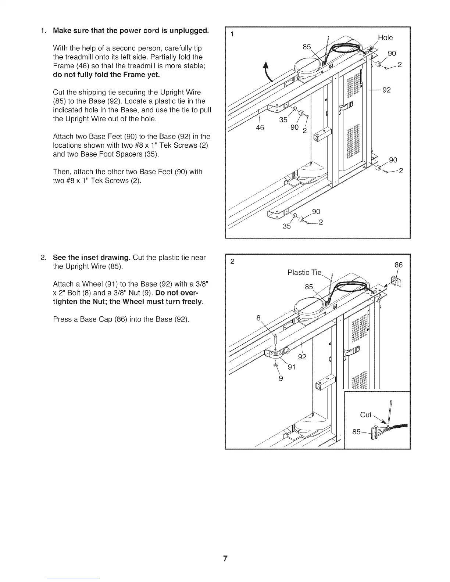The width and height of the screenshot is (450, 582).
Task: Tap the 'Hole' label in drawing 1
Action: pyautogui.click(x=385, y=37)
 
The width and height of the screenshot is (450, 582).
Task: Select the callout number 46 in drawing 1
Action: pyautogui.click(x=260, y=127)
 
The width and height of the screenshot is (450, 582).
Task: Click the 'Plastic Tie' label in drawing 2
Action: pyautogui.click(x=304, y=272)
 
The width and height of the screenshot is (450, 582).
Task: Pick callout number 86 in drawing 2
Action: pyautogui.click(x=399, y=265)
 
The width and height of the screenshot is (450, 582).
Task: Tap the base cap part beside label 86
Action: pyautogui.click(x=396, y=282)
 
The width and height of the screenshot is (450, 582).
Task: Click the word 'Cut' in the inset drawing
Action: pyautogui.click(x=366, y=415)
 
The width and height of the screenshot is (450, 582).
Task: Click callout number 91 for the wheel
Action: pyautogui.click(x=292, y=367)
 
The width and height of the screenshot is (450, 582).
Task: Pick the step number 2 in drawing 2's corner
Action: pyautogui.click(x=232, y=262)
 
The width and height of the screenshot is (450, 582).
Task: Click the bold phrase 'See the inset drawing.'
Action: pyautogui.click(x=92, y=257)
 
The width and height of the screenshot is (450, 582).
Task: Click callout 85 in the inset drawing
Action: pyautogui.click(x=356, y=432)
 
